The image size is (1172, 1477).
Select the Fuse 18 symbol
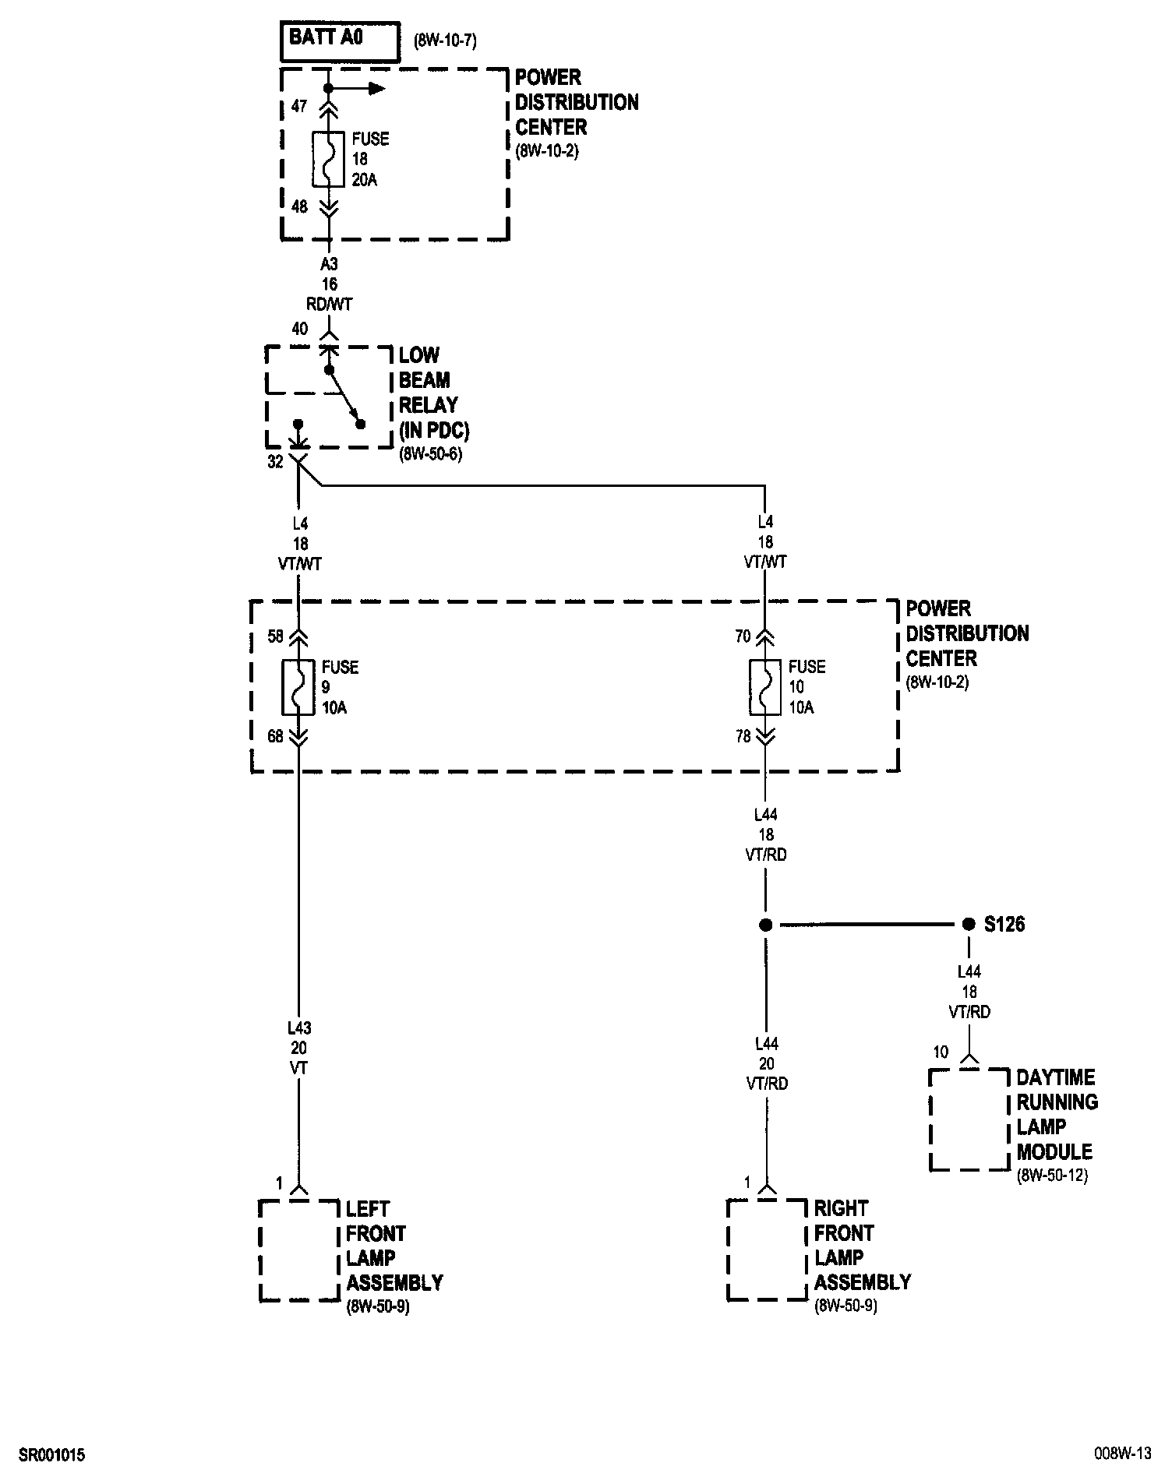click(328, 160)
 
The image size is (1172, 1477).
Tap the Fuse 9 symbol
click(298, 687)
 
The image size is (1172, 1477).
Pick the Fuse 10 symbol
click(765, 687)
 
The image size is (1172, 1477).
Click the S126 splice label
click(1004, 925)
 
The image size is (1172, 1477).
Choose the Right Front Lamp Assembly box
click(767, 1250)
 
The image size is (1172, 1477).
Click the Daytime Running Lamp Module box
click(969, 1119)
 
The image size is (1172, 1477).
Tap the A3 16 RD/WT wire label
click(330, 284)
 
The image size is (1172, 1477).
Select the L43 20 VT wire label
click(298, 1049)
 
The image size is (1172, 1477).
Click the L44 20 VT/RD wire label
click(766, 1064)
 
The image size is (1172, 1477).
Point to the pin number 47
click(299, 106)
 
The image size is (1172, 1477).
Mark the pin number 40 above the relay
click(300, 329)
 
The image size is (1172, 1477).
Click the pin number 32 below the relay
click(275, 462)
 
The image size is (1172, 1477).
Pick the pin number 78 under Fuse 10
click(743, 735)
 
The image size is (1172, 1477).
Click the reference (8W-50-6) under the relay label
click(430, 454)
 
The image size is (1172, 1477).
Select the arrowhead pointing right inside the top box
click(377, 89)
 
